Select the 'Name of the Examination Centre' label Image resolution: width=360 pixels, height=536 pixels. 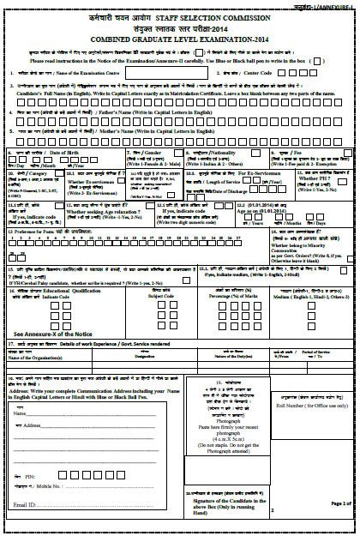pos(91,75)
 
